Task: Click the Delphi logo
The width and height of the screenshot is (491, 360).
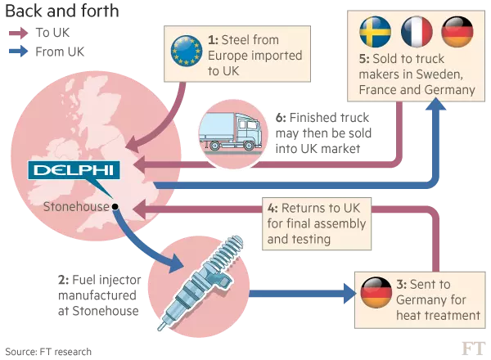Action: click(x=74, y=170)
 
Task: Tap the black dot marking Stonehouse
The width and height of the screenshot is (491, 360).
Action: click(x=115, y=207)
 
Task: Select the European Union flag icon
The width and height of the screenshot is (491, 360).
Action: click(x=187, y=51)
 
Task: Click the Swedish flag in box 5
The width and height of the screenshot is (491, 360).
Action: click(x=375, y=32)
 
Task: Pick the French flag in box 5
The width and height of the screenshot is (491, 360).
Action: click(x=417, y=32)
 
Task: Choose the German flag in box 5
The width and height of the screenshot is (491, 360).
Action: click(x=457, y=32)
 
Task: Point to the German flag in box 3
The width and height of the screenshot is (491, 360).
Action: click(x=376, y=293)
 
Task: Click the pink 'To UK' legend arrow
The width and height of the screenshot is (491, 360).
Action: click(x=19, y=33)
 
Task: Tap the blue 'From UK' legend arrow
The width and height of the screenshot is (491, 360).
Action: click(x=19, y=52)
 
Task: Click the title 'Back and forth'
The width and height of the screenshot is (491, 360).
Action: click(x=62, y=11)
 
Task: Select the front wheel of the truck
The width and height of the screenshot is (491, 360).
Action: click(x=249, y=146)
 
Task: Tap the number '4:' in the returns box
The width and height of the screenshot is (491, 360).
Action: click(x=273, y=208)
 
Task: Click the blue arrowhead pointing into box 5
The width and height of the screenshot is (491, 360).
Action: click(x=435, y=104)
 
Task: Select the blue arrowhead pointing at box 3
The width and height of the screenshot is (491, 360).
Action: click(x=350, y=294)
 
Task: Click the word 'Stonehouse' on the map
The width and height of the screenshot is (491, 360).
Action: click(x=76, y=207)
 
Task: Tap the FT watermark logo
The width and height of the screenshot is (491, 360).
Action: click(x=474, y=349)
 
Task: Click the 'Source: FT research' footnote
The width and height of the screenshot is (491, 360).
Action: click(x=48, y=352)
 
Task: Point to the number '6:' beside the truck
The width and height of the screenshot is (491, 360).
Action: click(x=281, y=118)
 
